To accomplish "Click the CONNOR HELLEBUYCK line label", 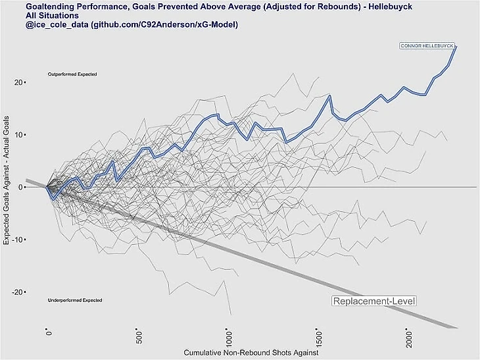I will click(x=428, y=45).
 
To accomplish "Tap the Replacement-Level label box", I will click(x=375, y=301).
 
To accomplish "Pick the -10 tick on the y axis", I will click(x=18, y=240).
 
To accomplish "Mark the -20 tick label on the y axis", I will click(x=18, y=292).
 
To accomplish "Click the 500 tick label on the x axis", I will click(x=139, y=337).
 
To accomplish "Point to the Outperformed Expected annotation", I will click(x=72, y=74).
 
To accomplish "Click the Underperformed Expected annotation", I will click(x=75, y=301).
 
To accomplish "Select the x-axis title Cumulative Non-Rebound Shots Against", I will click(x=251, y=353).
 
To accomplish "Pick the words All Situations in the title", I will click(x=53, y=14).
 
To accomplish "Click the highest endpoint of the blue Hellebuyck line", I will click(x=456, y=46).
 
